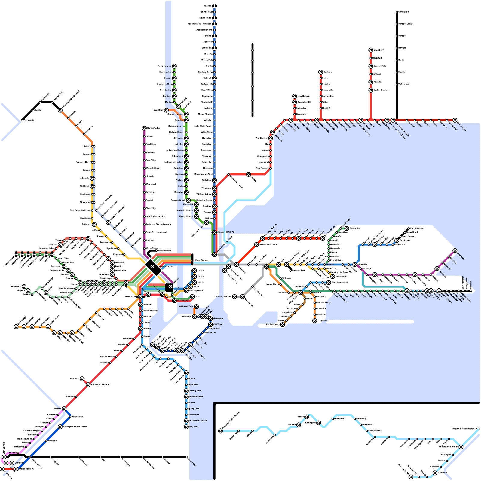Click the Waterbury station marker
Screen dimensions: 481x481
pos(371,50)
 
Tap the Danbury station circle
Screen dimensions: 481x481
pos(320,72)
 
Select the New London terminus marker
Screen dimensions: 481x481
pos(455,120)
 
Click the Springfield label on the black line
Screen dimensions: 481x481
pos(403,12)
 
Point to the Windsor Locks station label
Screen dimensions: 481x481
pos(405,24)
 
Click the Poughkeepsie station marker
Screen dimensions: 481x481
pos(174,66)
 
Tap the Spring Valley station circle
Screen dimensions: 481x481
pos(144,128)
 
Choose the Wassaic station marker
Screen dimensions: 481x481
pos(214,6)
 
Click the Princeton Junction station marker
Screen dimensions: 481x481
pos(88,385)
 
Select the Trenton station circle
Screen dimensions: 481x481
pos(64,409)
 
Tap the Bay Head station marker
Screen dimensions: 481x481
pos(186,427)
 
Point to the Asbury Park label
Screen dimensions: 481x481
pos(195,391)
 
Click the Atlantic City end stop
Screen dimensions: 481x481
pos(186,457)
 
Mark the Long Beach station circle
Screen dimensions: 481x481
pos(314,321)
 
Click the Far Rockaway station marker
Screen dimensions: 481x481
pos(283,325)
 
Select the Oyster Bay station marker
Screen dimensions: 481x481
pos(347,228)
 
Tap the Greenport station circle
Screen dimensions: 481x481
pos(455,251)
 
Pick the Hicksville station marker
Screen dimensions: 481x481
pos(355,265)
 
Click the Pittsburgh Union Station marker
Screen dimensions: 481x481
pos(220,431)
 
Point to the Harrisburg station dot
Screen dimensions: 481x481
pos(355,419)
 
